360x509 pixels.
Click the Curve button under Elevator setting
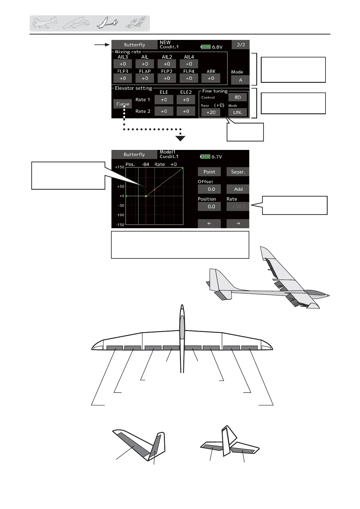point(123,104)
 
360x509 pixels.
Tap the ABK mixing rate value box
point(211,78)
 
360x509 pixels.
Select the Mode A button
point(240,80)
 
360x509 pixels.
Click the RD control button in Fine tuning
point(237,97)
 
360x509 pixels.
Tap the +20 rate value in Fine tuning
point(211,112)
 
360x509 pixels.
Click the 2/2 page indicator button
point(241,45)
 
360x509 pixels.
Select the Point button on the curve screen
point(209,172)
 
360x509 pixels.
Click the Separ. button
point(238,172)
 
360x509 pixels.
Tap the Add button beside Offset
point(238,189)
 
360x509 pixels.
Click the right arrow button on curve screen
point(238,223)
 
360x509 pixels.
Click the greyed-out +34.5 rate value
point(238,207)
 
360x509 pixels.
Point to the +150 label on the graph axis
point(120,167)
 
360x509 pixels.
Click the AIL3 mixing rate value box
point(123,64)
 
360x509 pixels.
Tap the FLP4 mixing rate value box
point(189,78)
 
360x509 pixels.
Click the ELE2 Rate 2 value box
point(186,111)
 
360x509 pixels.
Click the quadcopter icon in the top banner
point(135,23)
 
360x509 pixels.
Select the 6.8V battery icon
point(206,47)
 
